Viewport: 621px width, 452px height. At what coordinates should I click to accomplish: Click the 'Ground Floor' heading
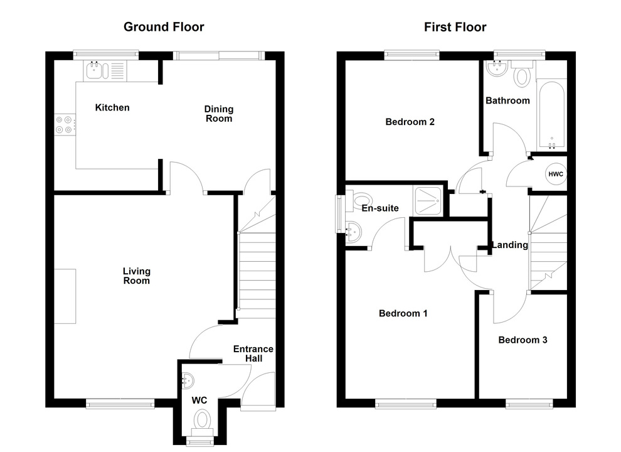point(164,26)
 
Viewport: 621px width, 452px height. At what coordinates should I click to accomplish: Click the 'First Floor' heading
point(455,26)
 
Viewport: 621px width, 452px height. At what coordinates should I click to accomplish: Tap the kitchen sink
point(101,70)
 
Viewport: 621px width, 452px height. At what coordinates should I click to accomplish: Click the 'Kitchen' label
point(112,107)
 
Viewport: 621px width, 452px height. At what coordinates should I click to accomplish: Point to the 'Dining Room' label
point(218,114)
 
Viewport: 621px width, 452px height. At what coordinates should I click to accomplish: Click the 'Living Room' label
point(136,276)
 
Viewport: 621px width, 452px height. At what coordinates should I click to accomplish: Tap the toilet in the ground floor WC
point(202,419)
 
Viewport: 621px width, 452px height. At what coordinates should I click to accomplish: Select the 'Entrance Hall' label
point(253,353)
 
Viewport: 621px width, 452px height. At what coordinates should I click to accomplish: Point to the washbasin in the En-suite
point(353,232)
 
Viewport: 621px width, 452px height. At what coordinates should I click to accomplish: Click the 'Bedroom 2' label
point(410,122)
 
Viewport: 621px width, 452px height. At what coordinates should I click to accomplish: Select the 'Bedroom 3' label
point(523,340)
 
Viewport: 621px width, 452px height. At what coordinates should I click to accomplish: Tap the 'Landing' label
point(509,245)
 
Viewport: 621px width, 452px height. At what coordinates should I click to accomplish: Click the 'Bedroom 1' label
point(403,313)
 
